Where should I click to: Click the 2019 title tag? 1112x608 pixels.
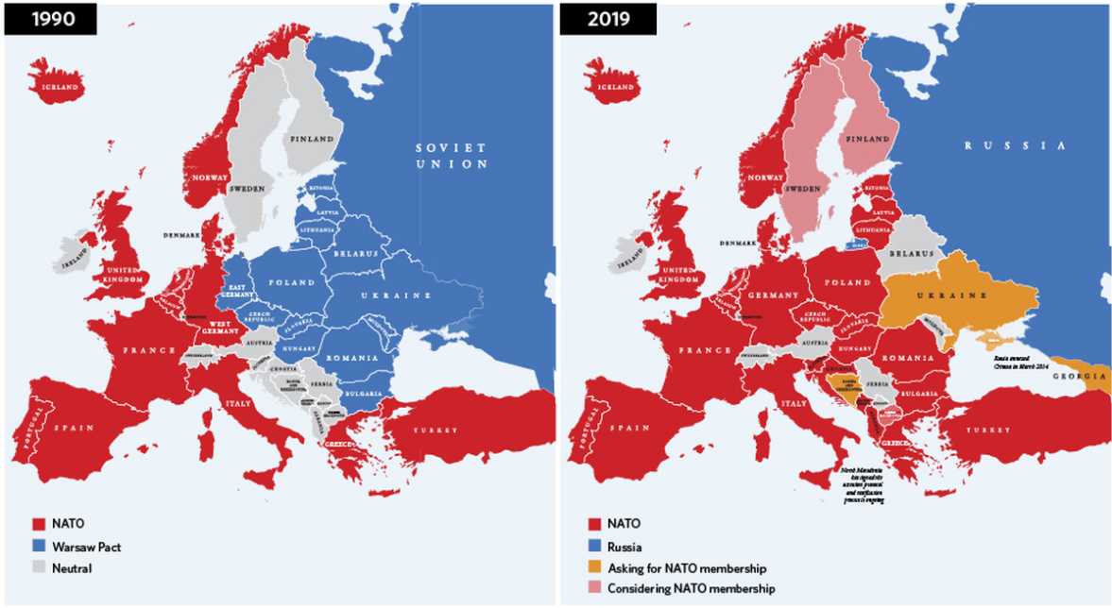[596, 18]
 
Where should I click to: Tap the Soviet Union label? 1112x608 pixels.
[451, 156]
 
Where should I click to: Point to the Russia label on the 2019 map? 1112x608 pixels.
[1015, 146]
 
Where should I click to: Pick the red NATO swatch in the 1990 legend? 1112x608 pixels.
[38, 523]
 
